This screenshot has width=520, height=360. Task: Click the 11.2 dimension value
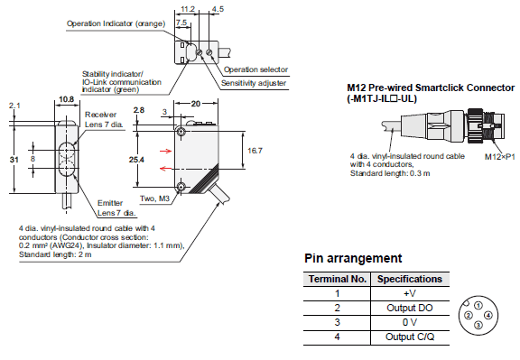[x=188, y=9]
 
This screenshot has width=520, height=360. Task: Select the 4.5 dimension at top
[x=218, y=9]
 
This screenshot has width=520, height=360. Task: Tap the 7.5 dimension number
[x=181, y=23]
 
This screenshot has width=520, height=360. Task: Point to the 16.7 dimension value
[x=255, y=151]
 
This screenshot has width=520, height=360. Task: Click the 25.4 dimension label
[x=136, y=160]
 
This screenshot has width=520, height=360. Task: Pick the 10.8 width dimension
[x=66, y=99]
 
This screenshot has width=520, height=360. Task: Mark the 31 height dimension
[x=14, y=160]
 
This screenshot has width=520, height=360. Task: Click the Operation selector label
[x=255, y=69]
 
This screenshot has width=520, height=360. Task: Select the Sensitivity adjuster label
[x=254, y=83]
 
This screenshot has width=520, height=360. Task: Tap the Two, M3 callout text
[x=154, y=198]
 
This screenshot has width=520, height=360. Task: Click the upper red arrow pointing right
[x=165, y=152]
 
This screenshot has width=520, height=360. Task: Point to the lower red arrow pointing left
[x=165, y=169]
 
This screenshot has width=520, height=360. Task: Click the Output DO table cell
[x=410, y=308]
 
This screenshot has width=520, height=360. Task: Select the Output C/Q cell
[x=410, y=337]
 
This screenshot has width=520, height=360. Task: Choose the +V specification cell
[x=410, y=293]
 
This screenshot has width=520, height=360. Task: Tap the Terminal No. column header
[x=338, y=279]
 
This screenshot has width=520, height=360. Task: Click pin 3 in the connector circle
[x=478, y=325]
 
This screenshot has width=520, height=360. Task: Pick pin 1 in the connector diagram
[x=478, y=305]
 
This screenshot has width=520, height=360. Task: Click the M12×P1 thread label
[x=500, y=156]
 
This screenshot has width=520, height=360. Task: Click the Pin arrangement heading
[x=353, y=258]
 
